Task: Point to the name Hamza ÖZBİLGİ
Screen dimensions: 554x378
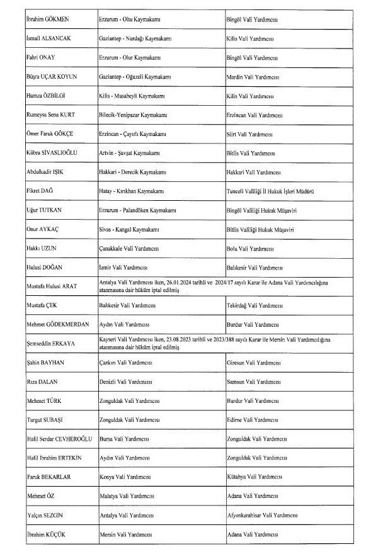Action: click(x=45, y=96)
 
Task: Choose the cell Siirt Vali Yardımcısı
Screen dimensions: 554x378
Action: click(x=249, y=134)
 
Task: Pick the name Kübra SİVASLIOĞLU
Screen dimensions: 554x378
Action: click(x=52, y=153)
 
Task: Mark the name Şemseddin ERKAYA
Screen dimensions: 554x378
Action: click(x=50, y=342)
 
